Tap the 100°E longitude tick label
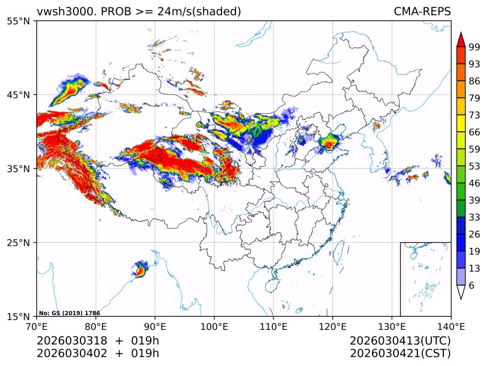click(214, 326)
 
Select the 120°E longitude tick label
click(332, 326)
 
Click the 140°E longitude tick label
click(451, 326)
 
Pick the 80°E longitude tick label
click(96, 326)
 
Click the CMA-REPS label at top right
click(422, 11)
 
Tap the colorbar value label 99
click(475, 47)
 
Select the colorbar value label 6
click(472, 286)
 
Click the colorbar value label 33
click(475, 217)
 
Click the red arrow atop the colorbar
click(461, 40)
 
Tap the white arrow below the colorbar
click(461, 292)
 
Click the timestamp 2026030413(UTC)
click(400, 341)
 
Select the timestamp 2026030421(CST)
click(400, 354)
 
